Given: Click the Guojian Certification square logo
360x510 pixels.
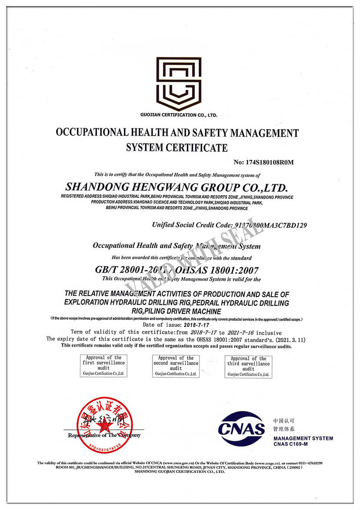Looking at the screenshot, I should pyautogui.click(x=179, y=83).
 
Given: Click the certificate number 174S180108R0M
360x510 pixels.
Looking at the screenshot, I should pyautogui.click(x=264, y=162).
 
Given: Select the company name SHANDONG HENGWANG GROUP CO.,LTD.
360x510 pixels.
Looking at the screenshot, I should pyautogui.click(x=177, y=187).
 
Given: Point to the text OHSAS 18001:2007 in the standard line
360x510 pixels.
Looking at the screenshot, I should pyautogui.click(x=221, y=270).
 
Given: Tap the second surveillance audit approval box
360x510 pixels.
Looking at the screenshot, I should pyautogui.click(x=176, y=366).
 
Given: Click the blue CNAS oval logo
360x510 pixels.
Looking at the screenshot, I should pyautogui.click(x=241, y=428).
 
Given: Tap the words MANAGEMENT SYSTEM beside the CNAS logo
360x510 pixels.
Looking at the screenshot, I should pyautogui.click(x=303, y=438).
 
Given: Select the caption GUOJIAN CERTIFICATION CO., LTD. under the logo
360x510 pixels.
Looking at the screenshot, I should pyautogui.click(x=179, y=115).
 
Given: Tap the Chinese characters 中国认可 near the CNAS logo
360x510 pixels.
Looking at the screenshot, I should pyautogui.click(x=283, y=421).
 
